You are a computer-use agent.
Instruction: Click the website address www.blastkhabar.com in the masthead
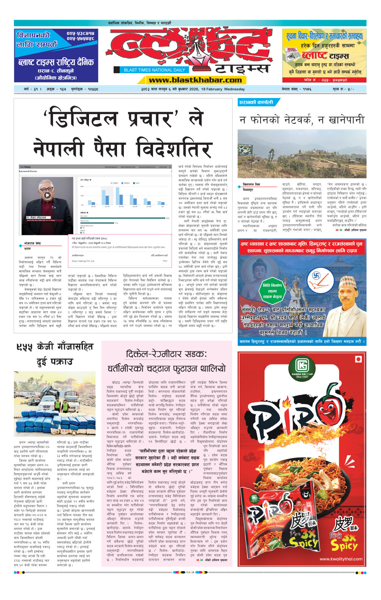click(x=195, y=80)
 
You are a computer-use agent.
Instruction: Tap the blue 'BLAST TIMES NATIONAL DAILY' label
click(x=154, y=70)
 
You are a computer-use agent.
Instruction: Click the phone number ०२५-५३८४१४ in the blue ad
click(x=81, y=33)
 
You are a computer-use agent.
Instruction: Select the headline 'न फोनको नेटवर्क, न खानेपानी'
click(x=301, y=120)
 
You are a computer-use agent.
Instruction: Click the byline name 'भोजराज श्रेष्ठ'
click(x=33, y=243)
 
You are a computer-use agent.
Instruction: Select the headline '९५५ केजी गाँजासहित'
click(x=54, y=347)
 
